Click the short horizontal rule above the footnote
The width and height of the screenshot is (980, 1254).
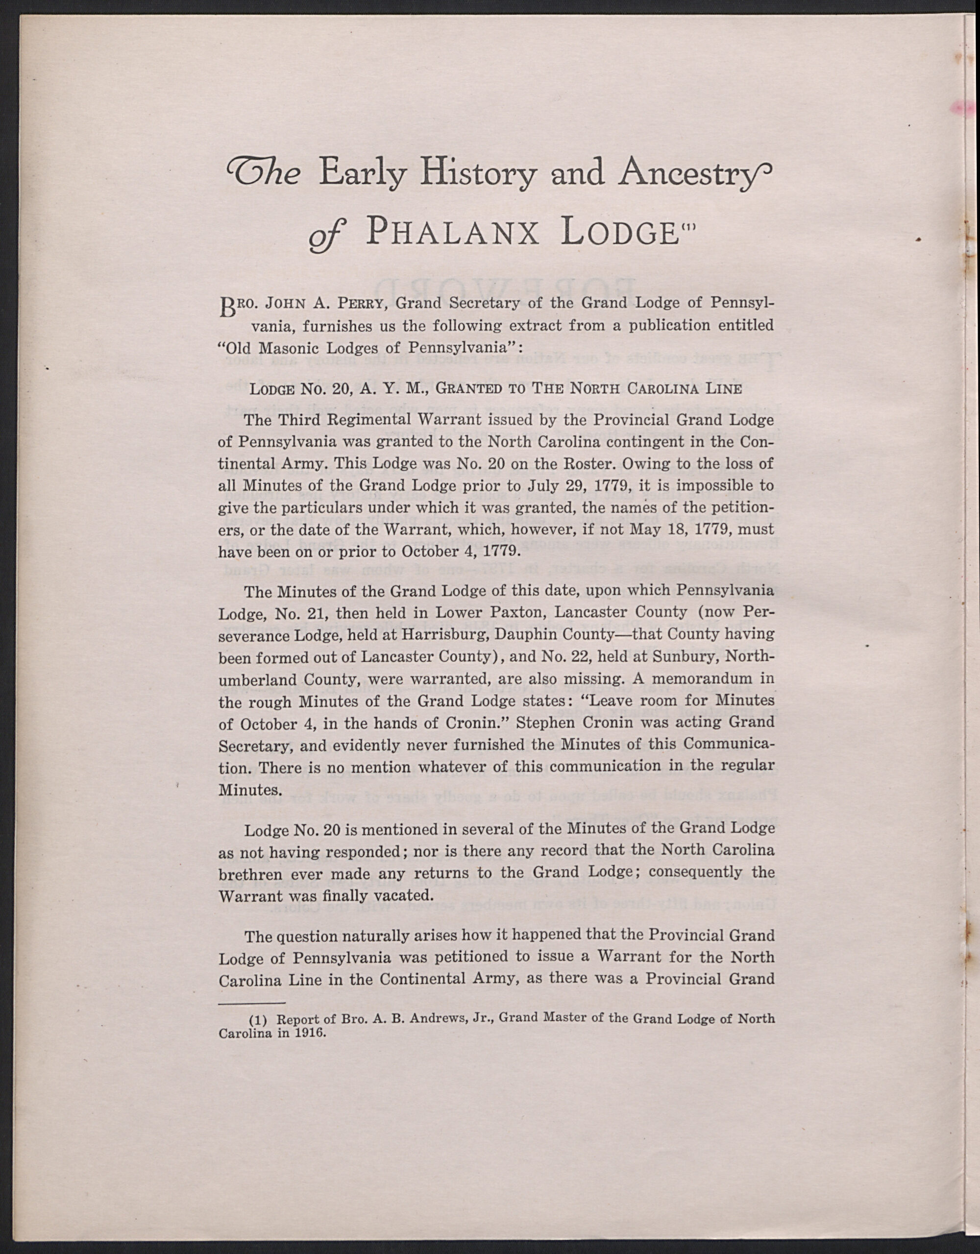coord(253,1003)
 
